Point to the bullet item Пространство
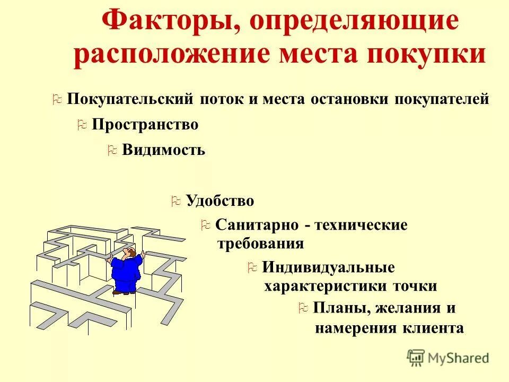tap(145, 125)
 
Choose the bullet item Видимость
tap(163, 150)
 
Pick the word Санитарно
tap(257, 225)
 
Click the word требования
tap(261, 244)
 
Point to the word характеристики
tap(326, 286)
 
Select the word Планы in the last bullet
tap(336, 308)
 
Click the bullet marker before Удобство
tap(176, 202)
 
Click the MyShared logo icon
tap(416, 357)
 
